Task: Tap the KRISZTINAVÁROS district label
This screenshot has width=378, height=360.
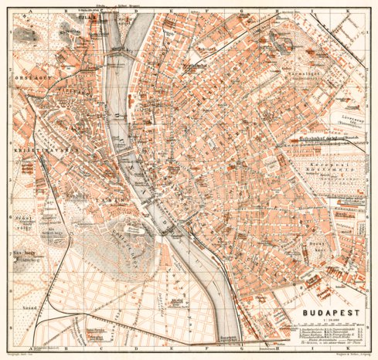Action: tap(31, 144)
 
